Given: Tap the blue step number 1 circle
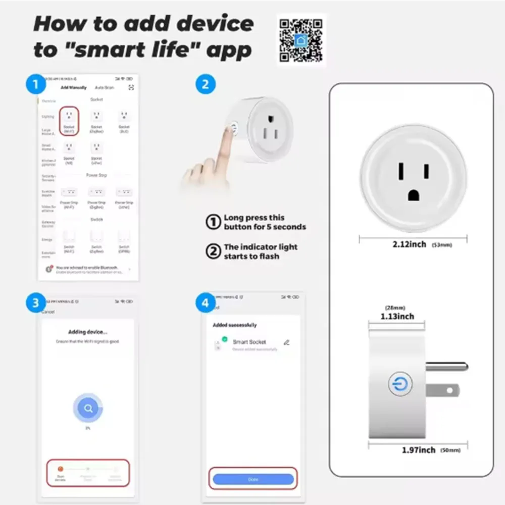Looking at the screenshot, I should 35,84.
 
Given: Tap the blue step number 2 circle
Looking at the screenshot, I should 205,84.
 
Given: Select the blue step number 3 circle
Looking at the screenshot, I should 35,304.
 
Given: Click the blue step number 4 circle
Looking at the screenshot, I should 205,304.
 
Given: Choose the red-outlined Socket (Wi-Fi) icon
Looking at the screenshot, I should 69,120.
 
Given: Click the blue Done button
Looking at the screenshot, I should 253,479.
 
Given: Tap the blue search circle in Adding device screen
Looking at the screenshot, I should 88,409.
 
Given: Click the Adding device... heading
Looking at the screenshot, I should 88,332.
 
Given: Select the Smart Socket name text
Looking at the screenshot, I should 249,342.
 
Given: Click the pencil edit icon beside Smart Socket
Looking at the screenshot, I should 286,342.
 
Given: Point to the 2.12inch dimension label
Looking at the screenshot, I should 409,244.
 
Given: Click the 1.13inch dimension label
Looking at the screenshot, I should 397,317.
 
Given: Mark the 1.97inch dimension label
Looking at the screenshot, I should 419,450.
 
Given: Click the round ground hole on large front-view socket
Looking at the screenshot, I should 414,195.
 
